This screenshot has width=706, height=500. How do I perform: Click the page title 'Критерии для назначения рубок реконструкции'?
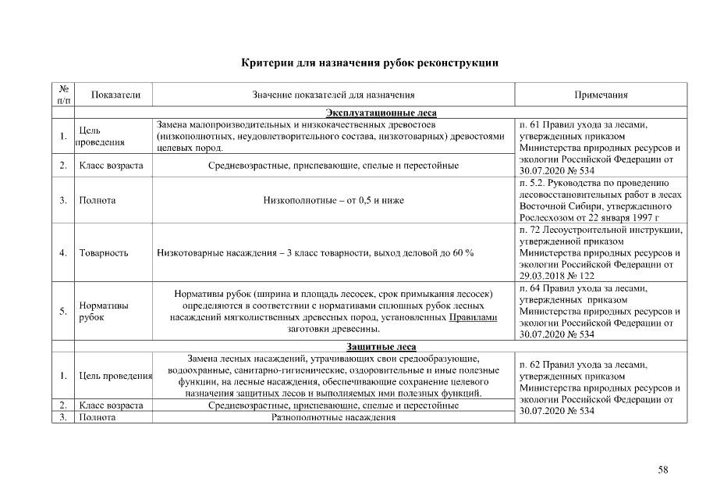[370, 62]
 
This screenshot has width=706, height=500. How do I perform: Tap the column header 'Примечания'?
[601, 95]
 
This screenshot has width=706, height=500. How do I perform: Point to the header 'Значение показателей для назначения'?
[333, 95]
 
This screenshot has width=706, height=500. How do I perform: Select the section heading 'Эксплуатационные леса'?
[370, 112]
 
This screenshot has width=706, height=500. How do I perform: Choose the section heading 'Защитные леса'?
[370, 346]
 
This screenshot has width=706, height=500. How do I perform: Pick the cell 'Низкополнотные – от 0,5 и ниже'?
[333, 200]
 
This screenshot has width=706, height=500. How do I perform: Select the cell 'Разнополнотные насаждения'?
[333, 417]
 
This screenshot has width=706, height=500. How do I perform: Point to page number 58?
[663, 470]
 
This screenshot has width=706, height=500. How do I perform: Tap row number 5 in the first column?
[62, 312]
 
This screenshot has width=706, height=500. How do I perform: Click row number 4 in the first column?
[62, 253]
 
